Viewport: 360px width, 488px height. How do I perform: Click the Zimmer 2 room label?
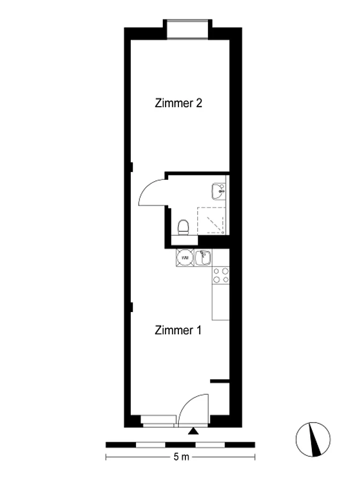tap(178, 103)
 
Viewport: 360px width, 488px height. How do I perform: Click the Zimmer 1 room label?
tap(178, 330)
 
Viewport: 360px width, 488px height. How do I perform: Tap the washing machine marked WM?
tap(185, 258)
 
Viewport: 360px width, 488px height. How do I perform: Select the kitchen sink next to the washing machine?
tap(203, 258)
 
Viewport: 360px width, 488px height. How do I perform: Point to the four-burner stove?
tap(221, 276)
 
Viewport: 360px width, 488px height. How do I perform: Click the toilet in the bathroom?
tap(183, 226)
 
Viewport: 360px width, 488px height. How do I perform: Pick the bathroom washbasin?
tap(219, 191)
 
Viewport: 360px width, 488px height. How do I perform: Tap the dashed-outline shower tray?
tap(211, 220)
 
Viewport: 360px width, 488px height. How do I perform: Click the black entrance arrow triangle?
tap(193, 431)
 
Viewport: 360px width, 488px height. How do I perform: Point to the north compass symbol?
tap(313, 439)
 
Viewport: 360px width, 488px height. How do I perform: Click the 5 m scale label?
tap(181, 457)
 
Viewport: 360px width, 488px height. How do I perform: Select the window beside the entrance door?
tap(159, 421)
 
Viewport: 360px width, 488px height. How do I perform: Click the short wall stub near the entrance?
tap(220, 381)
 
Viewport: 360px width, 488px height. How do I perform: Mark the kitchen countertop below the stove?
tap(221, 302)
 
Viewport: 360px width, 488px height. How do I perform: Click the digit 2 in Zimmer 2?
tap(199, 103)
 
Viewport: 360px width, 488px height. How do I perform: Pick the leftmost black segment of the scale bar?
tap(121, 445)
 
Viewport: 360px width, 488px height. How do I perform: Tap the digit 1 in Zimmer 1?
tap(199, 330)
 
